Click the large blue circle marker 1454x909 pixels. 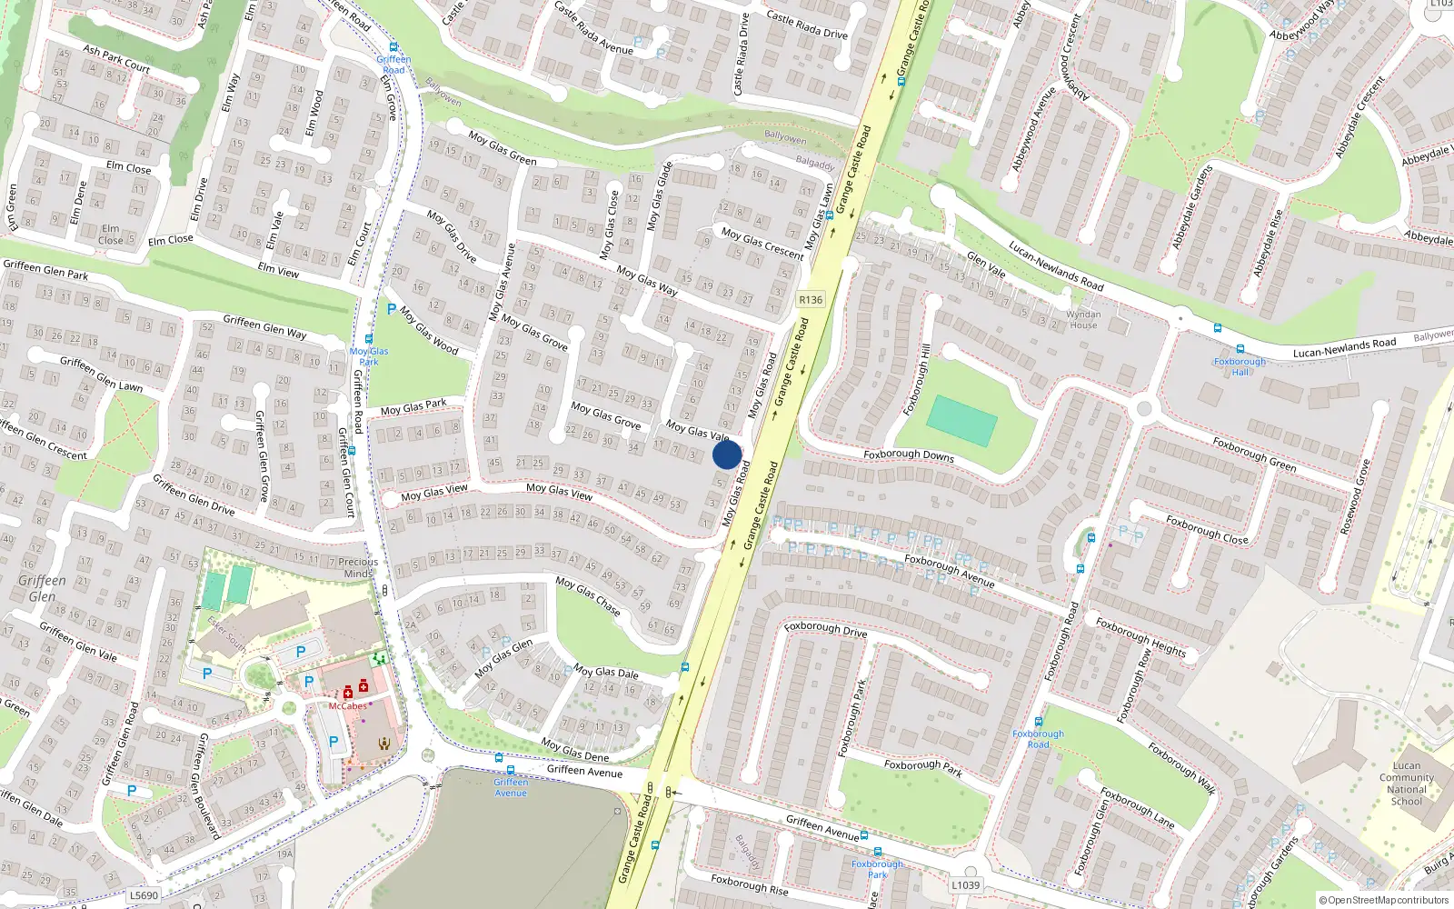pyautogui.click(x=727, y=454)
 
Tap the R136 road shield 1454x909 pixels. pyautogui.click(x=811, y=300)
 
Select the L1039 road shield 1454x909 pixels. pyautogui.click(x=966, y=884)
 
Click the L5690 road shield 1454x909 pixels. pyautogui.click(x=144, y=895)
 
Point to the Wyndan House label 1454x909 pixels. pyautogui.click(x=1083, y=320)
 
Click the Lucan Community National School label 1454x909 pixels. pyautogui.click(x=1406, y=784)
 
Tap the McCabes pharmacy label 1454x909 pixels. pyautogui.click(x=348, y=706)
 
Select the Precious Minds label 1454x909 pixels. pyautogui.click(x=358, y=567)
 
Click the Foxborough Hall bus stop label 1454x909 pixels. pyautogui.click(x=1240, y=366)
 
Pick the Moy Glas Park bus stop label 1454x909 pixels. pyautogui.click(x=369, y=356)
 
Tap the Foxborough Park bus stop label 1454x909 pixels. pyautogui.click(x=877, y=869)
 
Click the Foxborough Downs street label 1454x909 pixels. pyautogui.click(x=909, y=455)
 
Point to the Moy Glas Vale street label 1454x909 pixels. pyautogui.click(x=698, y=430)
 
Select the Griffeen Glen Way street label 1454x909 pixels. pyautogui.click(x=264, y=327)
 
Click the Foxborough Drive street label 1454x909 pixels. pyautogui.click(x=826, y=629)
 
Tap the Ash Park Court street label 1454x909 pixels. pyautogui.click(x=116, y=58)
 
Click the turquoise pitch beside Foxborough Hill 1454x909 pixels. pyautogui.click(x=962, y=421)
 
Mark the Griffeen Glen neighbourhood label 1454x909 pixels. pyautogui.click(x=42, y=588)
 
